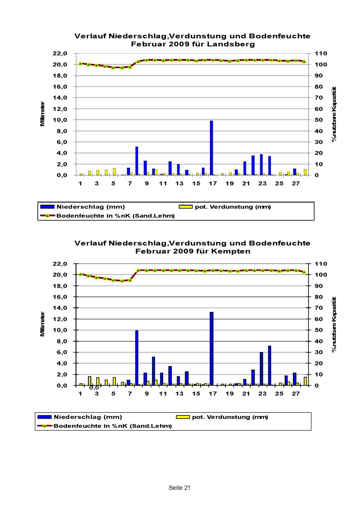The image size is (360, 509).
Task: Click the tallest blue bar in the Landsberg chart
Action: [211, 148]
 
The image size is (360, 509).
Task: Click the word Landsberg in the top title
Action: [231, 44]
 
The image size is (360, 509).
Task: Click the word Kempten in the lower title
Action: [231, 251]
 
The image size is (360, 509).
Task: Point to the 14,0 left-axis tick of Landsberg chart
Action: [60, 98]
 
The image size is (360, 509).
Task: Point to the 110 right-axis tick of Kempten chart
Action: [320, 264]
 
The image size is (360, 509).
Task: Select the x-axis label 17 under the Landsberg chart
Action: [213, 183]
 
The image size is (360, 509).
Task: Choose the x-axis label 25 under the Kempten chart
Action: [279, 393]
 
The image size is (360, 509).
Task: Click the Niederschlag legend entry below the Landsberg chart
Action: [83, 207]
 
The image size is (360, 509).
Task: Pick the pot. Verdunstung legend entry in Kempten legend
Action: [222, 417]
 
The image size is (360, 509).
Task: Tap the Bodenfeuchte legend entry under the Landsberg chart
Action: [107, 216]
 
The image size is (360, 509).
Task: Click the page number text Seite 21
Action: [179, 488]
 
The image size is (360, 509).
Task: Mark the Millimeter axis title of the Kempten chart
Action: [42, 324]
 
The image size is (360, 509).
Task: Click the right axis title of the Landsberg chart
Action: [334, 114]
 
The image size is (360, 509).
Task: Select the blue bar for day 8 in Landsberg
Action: [137, 161]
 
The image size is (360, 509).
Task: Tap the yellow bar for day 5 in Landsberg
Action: [114, 171]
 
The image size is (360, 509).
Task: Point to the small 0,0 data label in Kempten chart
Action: [94, 388]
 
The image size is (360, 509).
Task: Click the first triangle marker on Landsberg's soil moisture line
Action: [80, 63]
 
